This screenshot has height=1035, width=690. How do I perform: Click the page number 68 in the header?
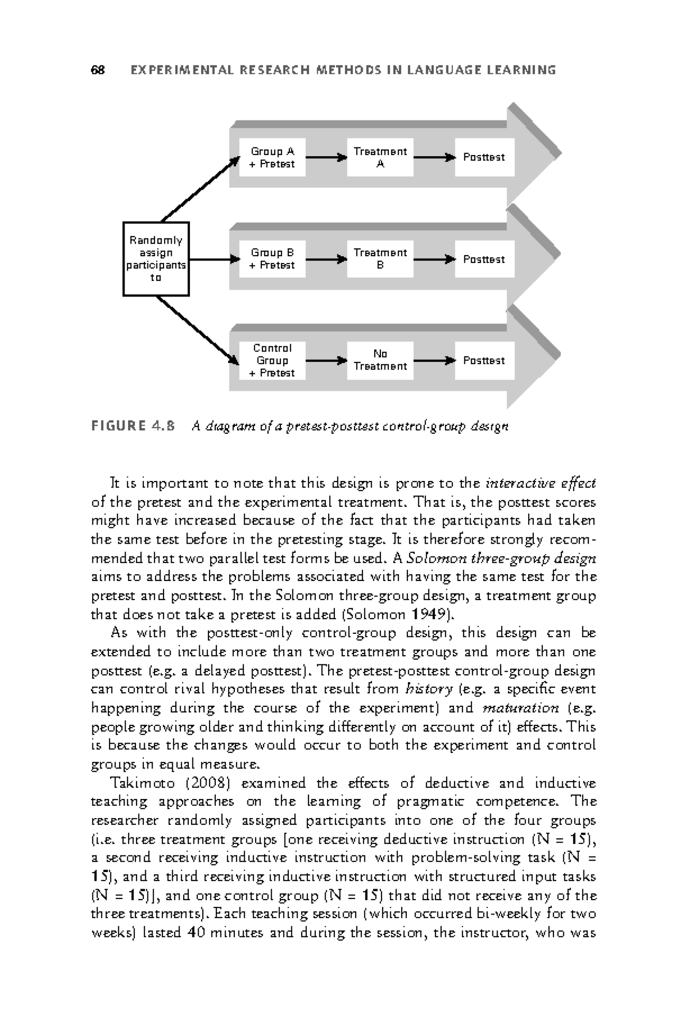pos(98,70)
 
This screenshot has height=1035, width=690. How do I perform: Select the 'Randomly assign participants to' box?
pos(156,259)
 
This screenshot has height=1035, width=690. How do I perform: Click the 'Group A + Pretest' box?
pos(272,158)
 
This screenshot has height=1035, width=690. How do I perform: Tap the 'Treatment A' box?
pos(380,158)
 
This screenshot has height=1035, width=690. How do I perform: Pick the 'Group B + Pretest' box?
pos(272,259)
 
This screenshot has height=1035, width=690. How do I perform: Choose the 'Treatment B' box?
pos(380,259)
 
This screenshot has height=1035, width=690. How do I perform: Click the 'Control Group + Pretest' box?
pos(272,361)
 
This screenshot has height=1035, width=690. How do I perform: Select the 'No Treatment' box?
pos(380,360)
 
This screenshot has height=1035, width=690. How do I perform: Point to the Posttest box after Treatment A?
pos(484,158)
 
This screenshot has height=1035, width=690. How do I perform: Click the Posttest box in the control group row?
pos(484,361)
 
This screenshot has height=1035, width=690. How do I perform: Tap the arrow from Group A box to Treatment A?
pos(326,157)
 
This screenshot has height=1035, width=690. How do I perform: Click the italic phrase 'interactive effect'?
pos(540,483)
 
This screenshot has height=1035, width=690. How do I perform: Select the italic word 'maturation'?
pos(521,708)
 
